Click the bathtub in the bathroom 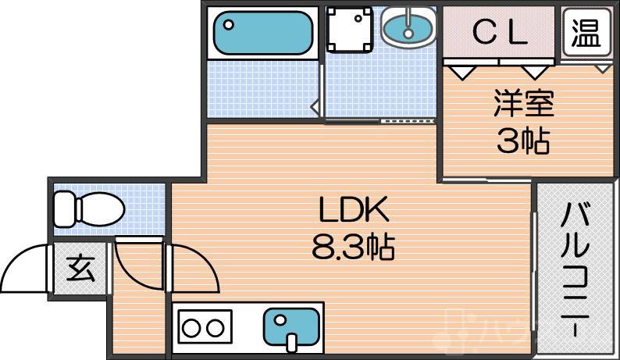pyautogui.click(x=263, y=33)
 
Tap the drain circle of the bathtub pyautogui.click(x=229, y=24)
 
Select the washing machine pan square pyautogui.click(x=350, y=30)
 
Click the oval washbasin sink pyautogui.click(x=408, y=27)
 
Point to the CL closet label pyautogui.click(x=501, y=33)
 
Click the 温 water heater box pyautogui.click(x=586, y=33)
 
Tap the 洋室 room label pyautogui.click(x=523, y=103)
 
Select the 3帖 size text pyautogui.click(x=523, y=141)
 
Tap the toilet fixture pyautogui.click(x=89, y=209)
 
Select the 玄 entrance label pyautogui.click(x=80, y=269)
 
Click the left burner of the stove pyautogui.click(x=191, y=328)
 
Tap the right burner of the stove pyautogui.click(x=216, y=328)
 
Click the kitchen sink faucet pyautogui.click(x=291, y=343)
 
